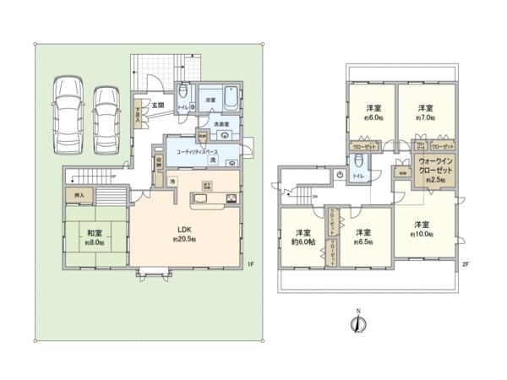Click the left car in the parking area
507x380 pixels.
coord(67,115)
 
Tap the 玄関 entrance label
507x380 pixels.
coord(156,105)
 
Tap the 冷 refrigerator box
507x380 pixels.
coord(172,182)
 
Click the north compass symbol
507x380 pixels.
coord(357,325)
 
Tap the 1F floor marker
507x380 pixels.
coord(250,265)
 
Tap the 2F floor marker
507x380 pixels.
coord(464,265)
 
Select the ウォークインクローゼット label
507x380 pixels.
coord(435,169)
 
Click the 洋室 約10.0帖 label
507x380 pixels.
coord(422,230)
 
